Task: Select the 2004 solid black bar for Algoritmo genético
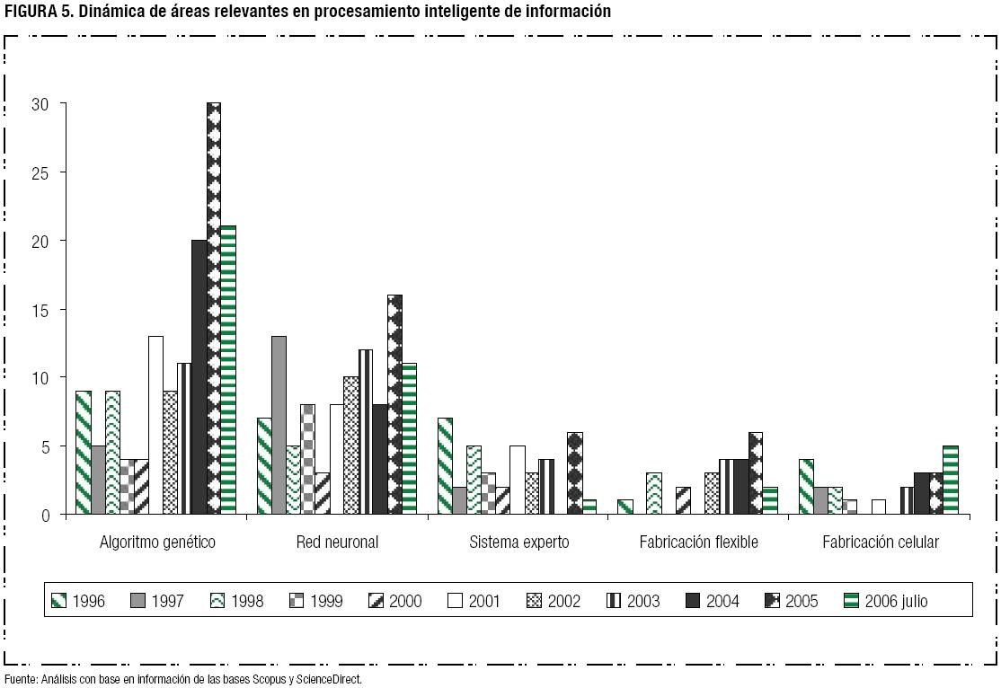click(x=199, y=377)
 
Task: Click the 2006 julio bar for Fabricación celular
click(x=951, y=481)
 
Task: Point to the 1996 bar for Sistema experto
click(x=445, y=466)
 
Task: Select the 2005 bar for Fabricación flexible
click(x=756, y=473)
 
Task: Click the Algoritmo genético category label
click(x=157, y=542)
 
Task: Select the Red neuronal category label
click(x=337, y=542)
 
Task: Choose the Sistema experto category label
click(x=519, y=542)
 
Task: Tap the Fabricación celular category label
click(x=881, y=542)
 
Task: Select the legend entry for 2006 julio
click(x=886, y=602)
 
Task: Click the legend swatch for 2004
click(x=693, y=601)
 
